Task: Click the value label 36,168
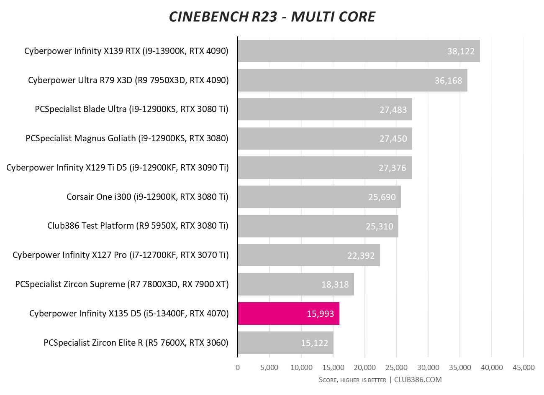coord(448,80)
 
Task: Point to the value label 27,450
coord(393,139)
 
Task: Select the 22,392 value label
coord(361,255)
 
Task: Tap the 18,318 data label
coord(335,285)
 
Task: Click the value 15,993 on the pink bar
coord(320,313)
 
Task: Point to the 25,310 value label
coord(379,226)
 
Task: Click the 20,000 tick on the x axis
coord(364,367)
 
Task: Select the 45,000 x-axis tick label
coord(523,367)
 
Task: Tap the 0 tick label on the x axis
coord(238,367)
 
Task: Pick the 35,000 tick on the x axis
coord(459,367)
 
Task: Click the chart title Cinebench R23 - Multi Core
coord(272,17)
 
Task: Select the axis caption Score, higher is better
coord(352,380)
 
